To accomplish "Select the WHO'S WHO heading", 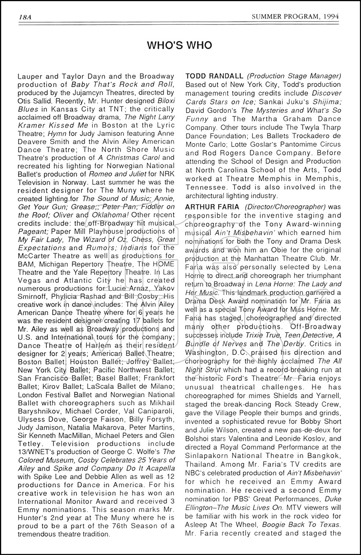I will [180, 45].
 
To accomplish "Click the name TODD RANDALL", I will [214, 76].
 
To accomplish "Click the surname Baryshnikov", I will [38, 411].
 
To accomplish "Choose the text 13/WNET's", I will [35, 452].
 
